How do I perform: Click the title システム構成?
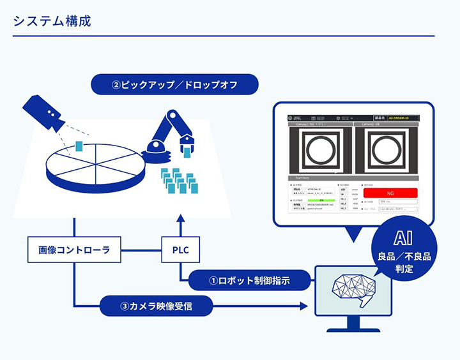click(52, 20)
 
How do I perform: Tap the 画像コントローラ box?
click(74, 250)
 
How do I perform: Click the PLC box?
click(181, 250)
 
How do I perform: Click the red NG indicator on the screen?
click(390, 192)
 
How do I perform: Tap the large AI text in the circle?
click(403, 239)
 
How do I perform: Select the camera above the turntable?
click(43, 114)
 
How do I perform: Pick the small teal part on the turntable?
click(79, 146)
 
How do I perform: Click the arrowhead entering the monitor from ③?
click(312, 306)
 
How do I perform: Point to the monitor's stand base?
click(353, 329)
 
